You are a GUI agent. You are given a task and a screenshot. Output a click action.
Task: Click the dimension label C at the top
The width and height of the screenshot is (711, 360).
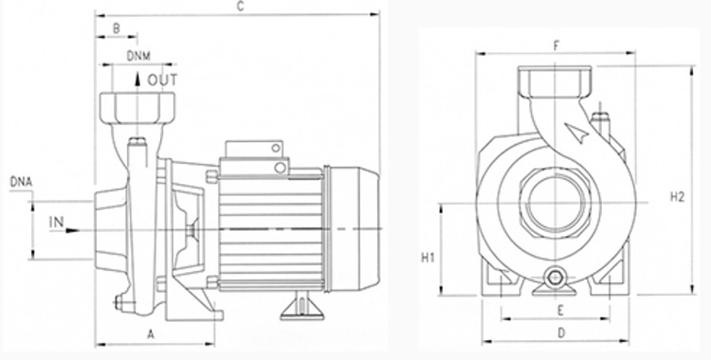[x=241, y=7]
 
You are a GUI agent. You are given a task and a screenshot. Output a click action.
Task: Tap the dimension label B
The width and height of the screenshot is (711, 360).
[x=116, y=28]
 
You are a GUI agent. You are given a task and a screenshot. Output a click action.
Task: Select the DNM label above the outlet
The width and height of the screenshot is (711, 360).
[x=138, y=56]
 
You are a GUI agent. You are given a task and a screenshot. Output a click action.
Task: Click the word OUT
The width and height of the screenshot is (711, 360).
[x=162, y=81]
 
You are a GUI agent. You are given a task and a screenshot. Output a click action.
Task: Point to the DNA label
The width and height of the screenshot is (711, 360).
[x=21, y=182]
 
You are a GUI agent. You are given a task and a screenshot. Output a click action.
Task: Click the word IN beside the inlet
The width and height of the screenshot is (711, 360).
[x=56, y=223]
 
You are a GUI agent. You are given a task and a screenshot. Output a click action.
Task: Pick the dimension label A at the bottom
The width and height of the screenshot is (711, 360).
[x=151, y=334]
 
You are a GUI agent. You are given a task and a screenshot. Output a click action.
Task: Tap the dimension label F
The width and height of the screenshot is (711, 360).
[x=556, y=45]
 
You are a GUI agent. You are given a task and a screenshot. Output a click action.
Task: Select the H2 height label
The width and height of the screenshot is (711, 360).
[x=677, y=197]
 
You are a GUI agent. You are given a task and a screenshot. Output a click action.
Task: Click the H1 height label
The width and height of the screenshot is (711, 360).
[x=428, y=258]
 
